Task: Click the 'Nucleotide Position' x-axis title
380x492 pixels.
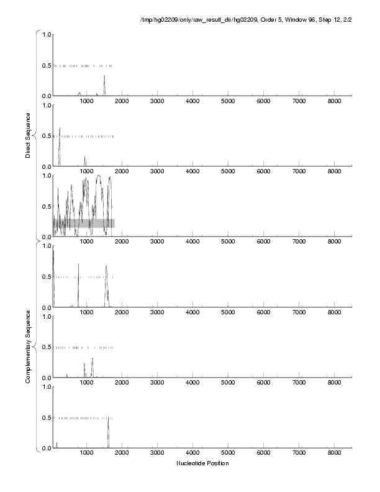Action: (202, 463)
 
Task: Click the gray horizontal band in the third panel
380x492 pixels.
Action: (84, 223)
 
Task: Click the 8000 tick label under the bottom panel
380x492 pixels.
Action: (335, 453)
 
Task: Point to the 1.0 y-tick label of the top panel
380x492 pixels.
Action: (46, 34)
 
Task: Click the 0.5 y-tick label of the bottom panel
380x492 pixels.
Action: (46, 417)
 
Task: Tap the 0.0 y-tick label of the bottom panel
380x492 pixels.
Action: (46, 448)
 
